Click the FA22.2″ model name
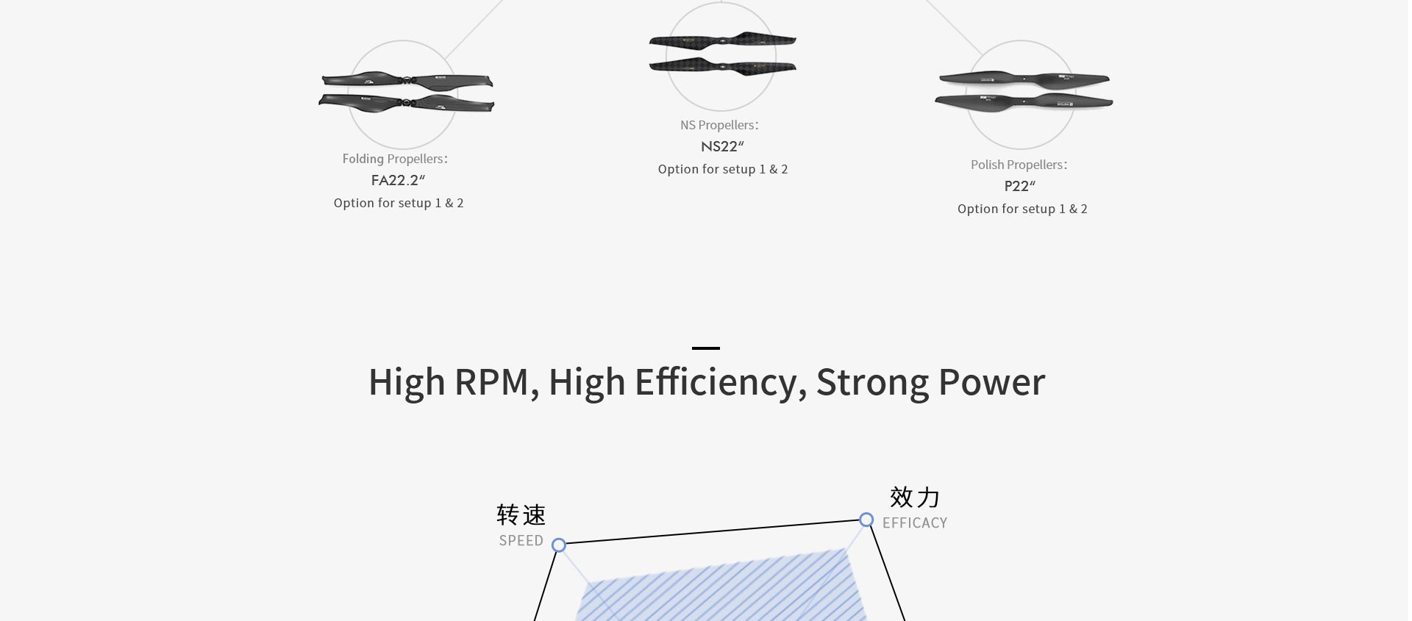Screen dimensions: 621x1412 tap(398, 180)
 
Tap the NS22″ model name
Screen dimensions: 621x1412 tap(722, 146)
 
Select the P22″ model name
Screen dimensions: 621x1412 tap(1019, 186)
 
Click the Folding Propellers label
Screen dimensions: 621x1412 tap(395, 159)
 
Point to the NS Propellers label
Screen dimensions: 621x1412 tap(719, 125)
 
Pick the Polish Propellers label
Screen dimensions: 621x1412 tap(1019, 165)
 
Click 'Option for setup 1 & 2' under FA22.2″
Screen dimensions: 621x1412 tap(399, 203)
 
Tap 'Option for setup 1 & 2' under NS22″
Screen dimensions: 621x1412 tap(723, 169)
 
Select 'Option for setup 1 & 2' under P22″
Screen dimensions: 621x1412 tap(1022, 209)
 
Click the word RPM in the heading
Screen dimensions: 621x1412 tap(492, 382)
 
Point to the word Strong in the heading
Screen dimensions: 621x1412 tap(872, 382)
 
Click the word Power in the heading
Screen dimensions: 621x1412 tap(991, 382)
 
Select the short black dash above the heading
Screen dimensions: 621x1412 tap(706, 348)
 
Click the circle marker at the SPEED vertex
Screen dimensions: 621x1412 tap(559, 545)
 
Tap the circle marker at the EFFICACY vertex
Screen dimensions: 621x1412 tap(866, 520)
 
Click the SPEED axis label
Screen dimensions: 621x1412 tap(521, 541)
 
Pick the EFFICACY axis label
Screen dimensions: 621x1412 tap(915, 523)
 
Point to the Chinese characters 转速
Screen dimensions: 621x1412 tap(521, 514)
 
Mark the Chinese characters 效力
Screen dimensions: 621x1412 tap(915, 498)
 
